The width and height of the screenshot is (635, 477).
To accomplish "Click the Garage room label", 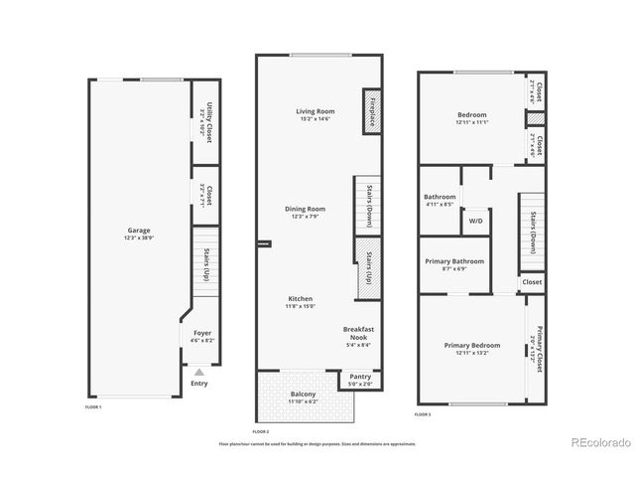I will (x=138, y=231).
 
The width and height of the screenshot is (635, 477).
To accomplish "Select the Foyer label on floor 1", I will (x=202, y=333).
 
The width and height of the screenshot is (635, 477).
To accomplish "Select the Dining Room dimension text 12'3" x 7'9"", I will (x=306, y=218).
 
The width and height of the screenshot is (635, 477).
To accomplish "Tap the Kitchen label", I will (x=301, y=299).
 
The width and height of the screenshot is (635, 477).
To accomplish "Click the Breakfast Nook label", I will (x=358, y=332).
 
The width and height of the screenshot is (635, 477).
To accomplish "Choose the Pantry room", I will (x=358, y=379).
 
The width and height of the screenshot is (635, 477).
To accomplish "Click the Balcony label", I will (x=304, y=395).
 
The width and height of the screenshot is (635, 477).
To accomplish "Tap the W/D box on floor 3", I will (x=475, y=221).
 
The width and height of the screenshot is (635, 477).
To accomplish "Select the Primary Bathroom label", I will (x=454, y=261).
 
